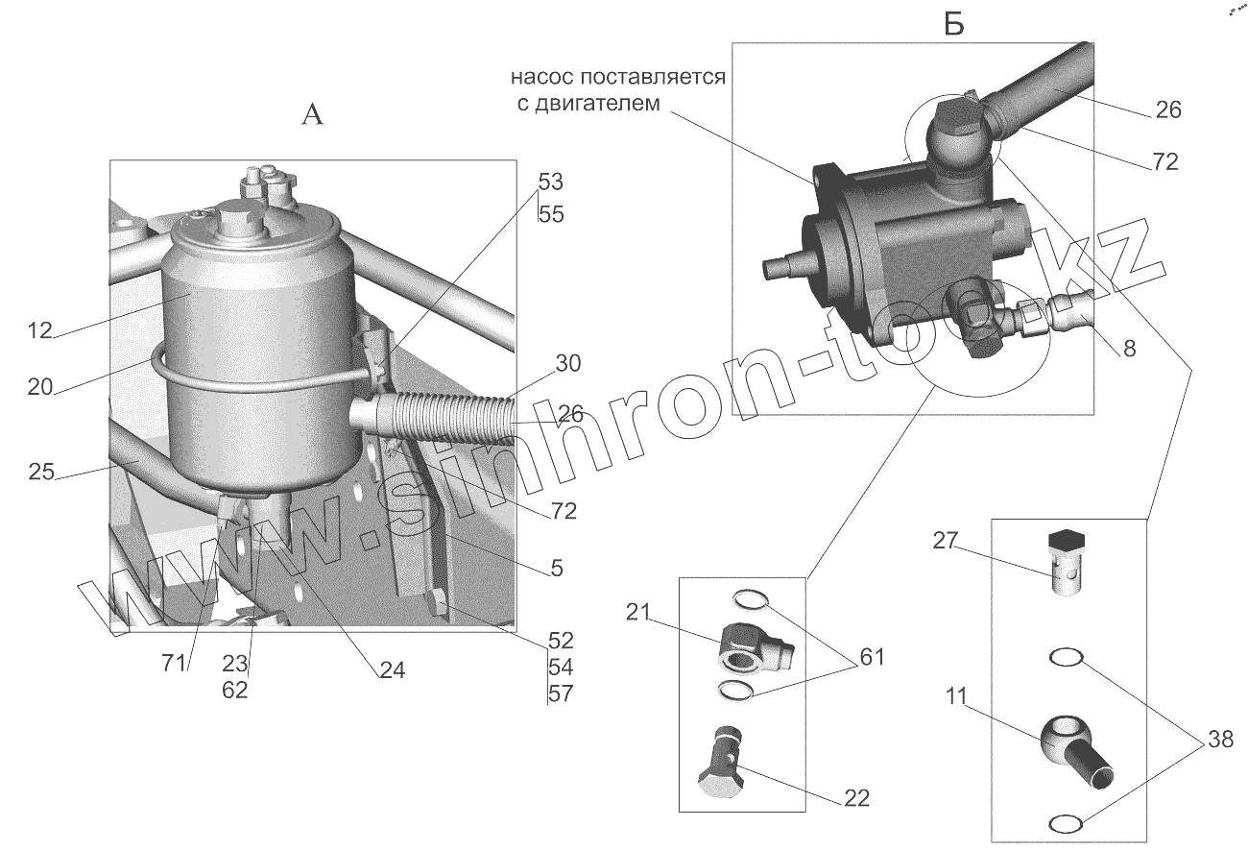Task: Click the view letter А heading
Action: click(x=313, y=115)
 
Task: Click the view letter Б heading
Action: click(x=953, y=26)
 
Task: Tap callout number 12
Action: click(x=39, y=332)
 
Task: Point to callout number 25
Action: click(x=39, y=473)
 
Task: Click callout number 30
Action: click(x=568, y=364)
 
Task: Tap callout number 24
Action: click(x=391, y=671)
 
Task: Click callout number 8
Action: click(x=1129, y=349)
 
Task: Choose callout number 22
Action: click(x=857, y=796)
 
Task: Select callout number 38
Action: click(x=1220, y=739)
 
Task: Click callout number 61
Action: click(x=871, y=658)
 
